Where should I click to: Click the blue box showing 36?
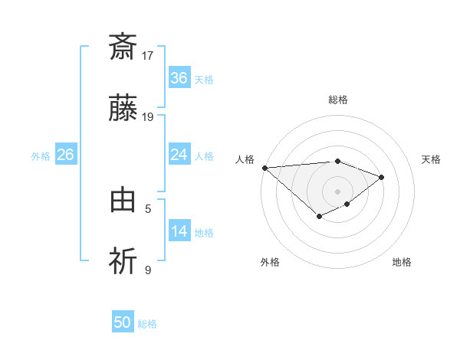(179, 78)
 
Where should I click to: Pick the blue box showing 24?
(179, 155)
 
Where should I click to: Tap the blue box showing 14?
(179, 231)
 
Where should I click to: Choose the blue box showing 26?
(66, 155)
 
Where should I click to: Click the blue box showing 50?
(123, 322)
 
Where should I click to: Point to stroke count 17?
(148, 56)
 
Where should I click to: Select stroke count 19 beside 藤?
(148, 117)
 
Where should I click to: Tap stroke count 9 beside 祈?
(148, 270)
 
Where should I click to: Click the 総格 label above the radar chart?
(338, 100)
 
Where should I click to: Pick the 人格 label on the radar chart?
(245, 159)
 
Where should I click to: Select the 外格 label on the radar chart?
(270, 262)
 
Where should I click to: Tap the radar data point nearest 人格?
(264, 167)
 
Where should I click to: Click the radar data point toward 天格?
(382, 177)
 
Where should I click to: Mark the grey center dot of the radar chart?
(338, 191)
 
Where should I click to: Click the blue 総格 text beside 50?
(147, 324)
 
